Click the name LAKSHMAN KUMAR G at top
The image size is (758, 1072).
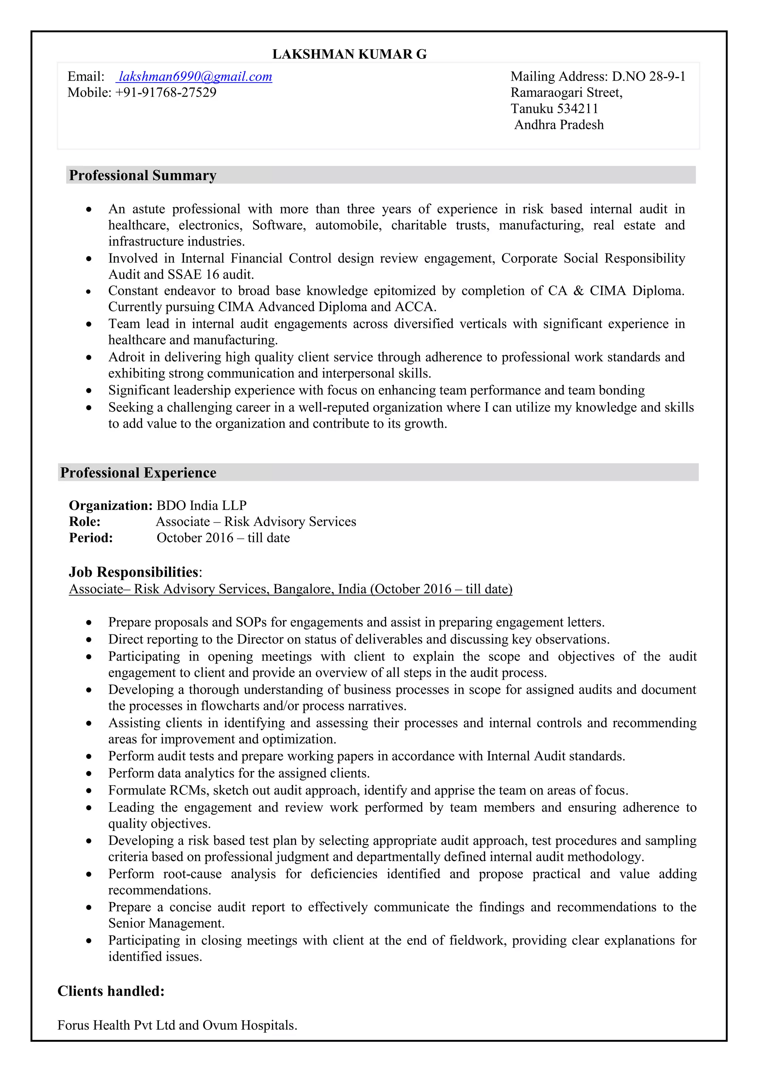tap(349, 55)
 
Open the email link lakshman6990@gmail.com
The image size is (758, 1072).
tap(195, 77)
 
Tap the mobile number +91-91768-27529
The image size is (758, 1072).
tap(165, 92)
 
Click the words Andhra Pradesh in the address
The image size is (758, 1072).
tap(559, 125)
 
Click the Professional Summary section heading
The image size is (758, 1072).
tap(142, 176)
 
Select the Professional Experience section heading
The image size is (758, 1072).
tap(138, 473)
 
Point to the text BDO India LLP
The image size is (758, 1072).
tap(201, 506)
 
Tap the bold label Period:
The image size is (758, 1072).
tap(91, 538)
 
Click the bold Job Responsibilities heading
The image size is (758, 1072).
tap(134, 572)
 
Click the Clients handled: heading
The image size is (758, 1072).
tap(111, 991)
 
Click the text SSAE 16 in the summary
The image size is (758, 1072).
tap(193, 274)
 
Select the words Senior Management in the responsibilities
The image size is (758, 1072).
tap(166, 924)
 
